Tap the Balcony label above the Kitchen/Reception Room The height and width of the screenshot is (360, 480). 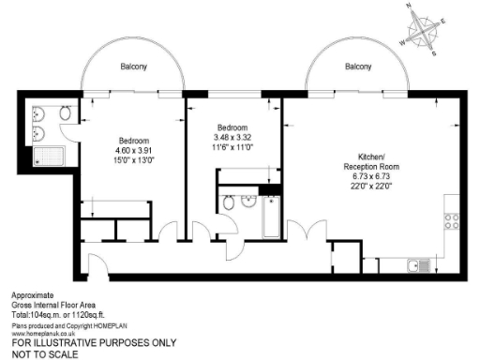pos(358,67)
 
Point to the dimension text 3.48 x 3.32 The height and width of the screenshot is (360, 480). pos(232,137)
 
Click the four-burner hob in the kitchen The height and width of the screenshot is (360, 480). pos(451,221)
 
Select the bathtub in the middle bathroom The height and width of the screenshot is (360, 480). pos(270,217)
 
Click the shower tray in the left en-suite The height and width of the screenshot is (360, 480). pos(43,156)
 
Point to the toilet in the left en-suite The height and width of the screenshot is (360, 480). pos(64,113)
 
